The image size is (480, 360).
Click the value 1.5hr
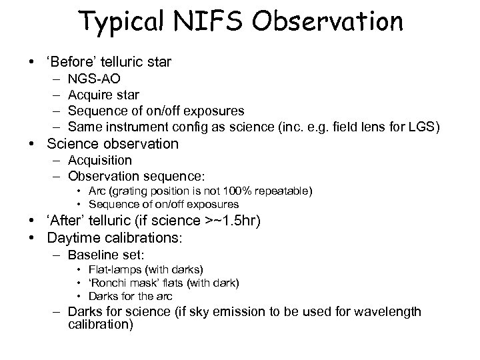244,221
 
